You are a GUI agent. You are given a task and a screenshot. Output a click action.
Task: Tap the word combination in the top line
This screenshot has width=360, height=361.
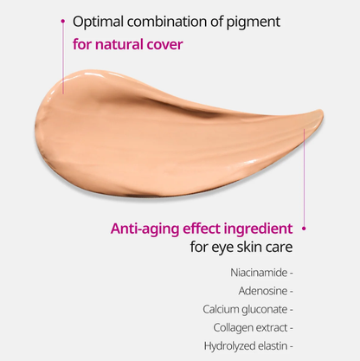(175, 20)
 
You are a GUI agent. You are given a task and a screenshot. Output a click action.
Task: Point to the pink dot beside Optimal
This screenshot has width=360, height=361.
(61, 18)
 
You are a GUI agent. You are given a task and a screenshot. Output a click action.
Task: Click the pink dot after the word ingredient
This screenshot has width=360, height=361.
(304, 229)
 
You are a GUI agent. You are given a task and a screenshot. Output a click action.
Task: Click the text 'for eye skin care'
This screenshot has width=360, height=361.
(241, 248)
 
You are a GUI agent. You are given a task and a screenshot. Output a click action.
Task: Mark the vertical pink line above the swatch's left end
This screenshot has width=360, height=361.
(62, 52)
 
